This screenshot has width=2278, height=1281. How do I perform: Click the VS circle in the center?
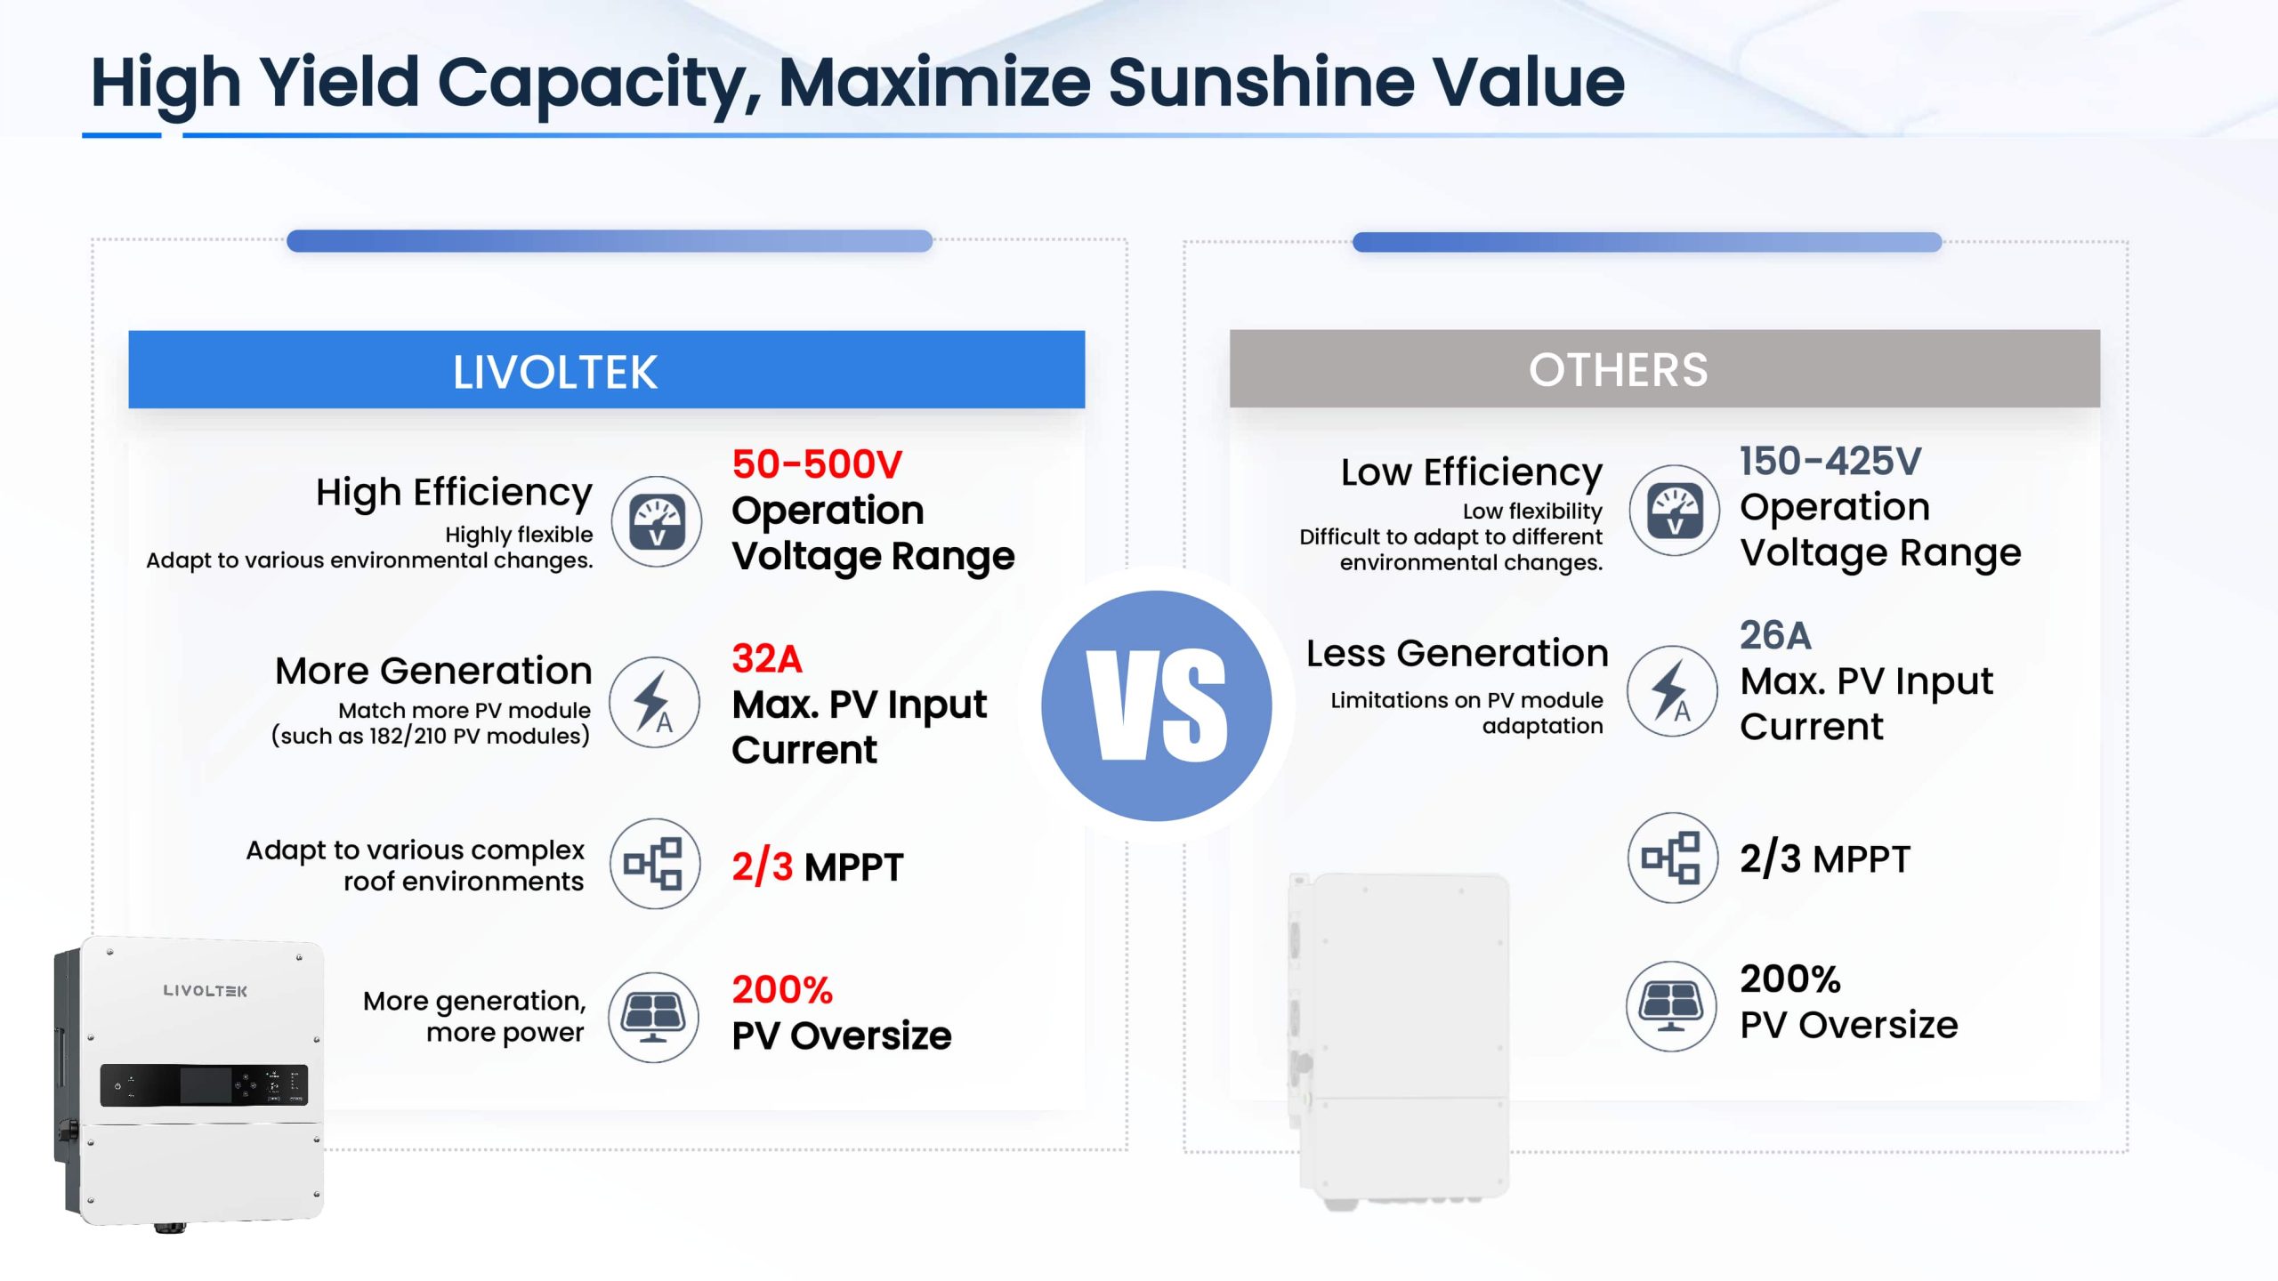(1156, 705)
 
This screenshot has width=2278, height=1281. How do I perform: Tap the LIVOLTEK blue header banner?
(606, 370)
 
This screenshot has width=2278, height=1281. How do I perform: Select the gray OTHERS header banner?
(1664, 369)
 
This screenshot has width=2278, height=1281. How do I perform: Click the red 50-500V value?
(817, 464)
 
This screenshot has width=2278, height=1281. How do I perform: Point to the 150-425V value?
(1830, 461)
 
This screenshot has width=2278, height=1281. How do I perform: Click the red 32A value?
(767, 659)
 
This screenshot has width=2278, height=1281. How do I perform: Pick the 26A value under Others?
(1775, 635)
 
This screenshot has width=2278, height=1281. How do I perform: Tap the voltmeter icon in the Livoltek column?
(657, 521)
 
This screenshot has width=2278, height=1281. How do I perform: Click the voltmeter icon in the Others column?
(1674, 511)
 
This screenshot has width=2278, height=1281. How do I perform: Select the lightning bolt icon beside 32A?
(655, 702)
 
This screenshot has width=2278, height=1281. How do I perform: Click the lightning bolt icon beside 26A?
(1672, 690)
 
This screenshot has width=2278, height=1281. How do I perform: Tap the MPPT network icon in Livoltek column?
(655, 863)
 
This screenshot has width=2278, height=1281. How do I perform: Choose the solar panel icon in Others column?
(1671, 1006)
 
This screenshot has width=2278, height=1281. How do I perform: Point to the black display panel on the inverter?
(204, 1085)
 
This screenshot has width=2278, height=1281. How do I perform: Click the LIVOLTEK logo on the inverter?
(206, 990)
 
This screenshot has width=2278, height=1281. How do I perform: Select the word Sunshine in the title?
(1261, 82)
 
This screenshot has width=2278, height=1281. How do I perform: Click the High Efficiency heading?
(454, 493)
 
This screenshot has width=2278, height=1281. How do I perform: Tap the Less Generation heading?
(1457, 653)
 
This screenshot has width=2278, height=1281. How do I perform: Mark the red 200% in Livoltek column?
(782, 989)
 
